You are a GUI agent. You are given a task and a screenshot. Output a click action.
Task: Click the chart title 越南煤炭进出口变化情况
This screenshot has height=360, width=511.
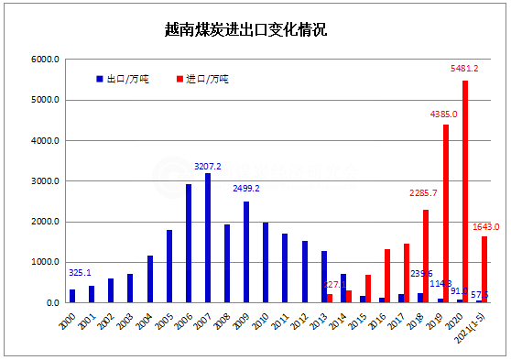point(255,29)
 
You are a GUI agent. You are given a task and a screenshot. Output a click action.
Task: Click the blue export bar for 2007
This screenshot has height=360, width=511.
point(208,237)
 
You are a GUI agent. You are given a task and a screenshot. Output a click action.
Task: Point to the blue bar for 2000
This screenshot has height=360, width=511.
point(72,296)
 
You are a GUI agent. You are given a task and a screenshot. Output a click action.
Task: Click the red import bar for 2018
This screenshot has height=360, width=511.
point(426,256)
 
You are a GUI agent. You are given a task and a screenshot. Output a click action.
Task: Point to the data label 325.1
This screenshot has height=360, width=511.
point(80,272)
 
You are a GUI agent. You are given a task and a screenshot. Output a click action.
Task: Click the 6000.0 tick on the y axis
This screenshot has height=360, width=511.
point(45,60)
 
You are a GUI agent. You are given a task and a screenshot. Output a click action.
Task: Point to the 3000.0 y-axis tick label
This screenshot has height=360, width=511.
point(45,181)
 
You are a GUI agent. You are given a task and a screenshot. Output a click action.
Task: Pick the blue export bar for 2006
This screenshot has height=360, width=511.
point(189,243)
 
